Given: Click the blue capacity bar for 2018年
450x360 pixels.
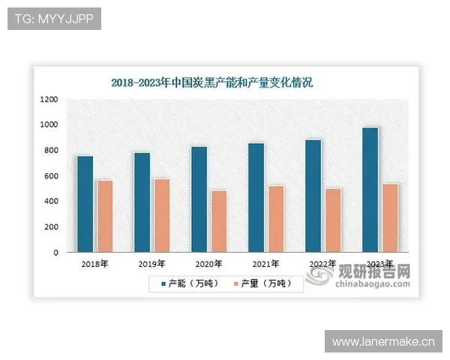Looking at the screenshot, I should pos(85,204).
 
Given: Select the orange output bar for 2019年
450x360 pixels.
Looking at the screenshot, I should pos(162,216).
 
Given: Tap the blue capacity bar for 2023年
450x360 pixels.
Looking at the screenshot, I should pos(370,190).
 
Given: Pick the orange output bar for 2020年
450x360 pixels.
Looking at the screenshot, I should pos(219,222).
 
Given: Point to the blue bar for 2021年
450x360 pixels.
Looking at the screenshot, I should pos(256,198).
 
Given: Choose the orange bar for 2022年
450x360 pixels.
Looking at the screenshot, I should pos(333,220).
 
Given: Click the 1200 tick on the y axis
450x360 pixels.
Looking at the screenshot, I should pos(49,99).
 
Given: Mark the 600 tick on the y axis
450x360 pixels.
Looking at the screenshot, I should pos(49,176).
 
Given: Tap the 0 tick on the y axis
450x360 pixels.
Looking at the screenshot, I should pos(55,253).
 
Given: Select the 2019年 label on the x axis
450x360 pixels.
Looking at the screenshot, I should pos(151,264).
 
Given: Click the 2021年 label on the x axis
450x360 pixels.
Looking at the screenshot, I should pos(265,264).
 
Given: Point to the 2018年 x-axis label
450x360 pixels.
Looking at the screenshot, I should pos(94,264).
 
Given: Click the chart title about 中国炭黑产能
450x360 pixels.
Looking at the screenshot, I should pos(211,82).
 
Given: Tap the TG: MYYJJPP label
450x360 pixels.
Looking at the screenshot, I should pos(53,19).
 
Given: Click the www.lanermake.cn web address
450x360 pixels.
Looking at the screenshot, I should pos(383,342).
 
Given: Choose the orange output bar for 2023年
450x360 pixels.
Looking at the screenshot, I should pos(390,218).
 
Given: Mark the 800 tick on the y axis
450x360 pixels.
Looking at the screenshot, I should pos(49,151).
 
